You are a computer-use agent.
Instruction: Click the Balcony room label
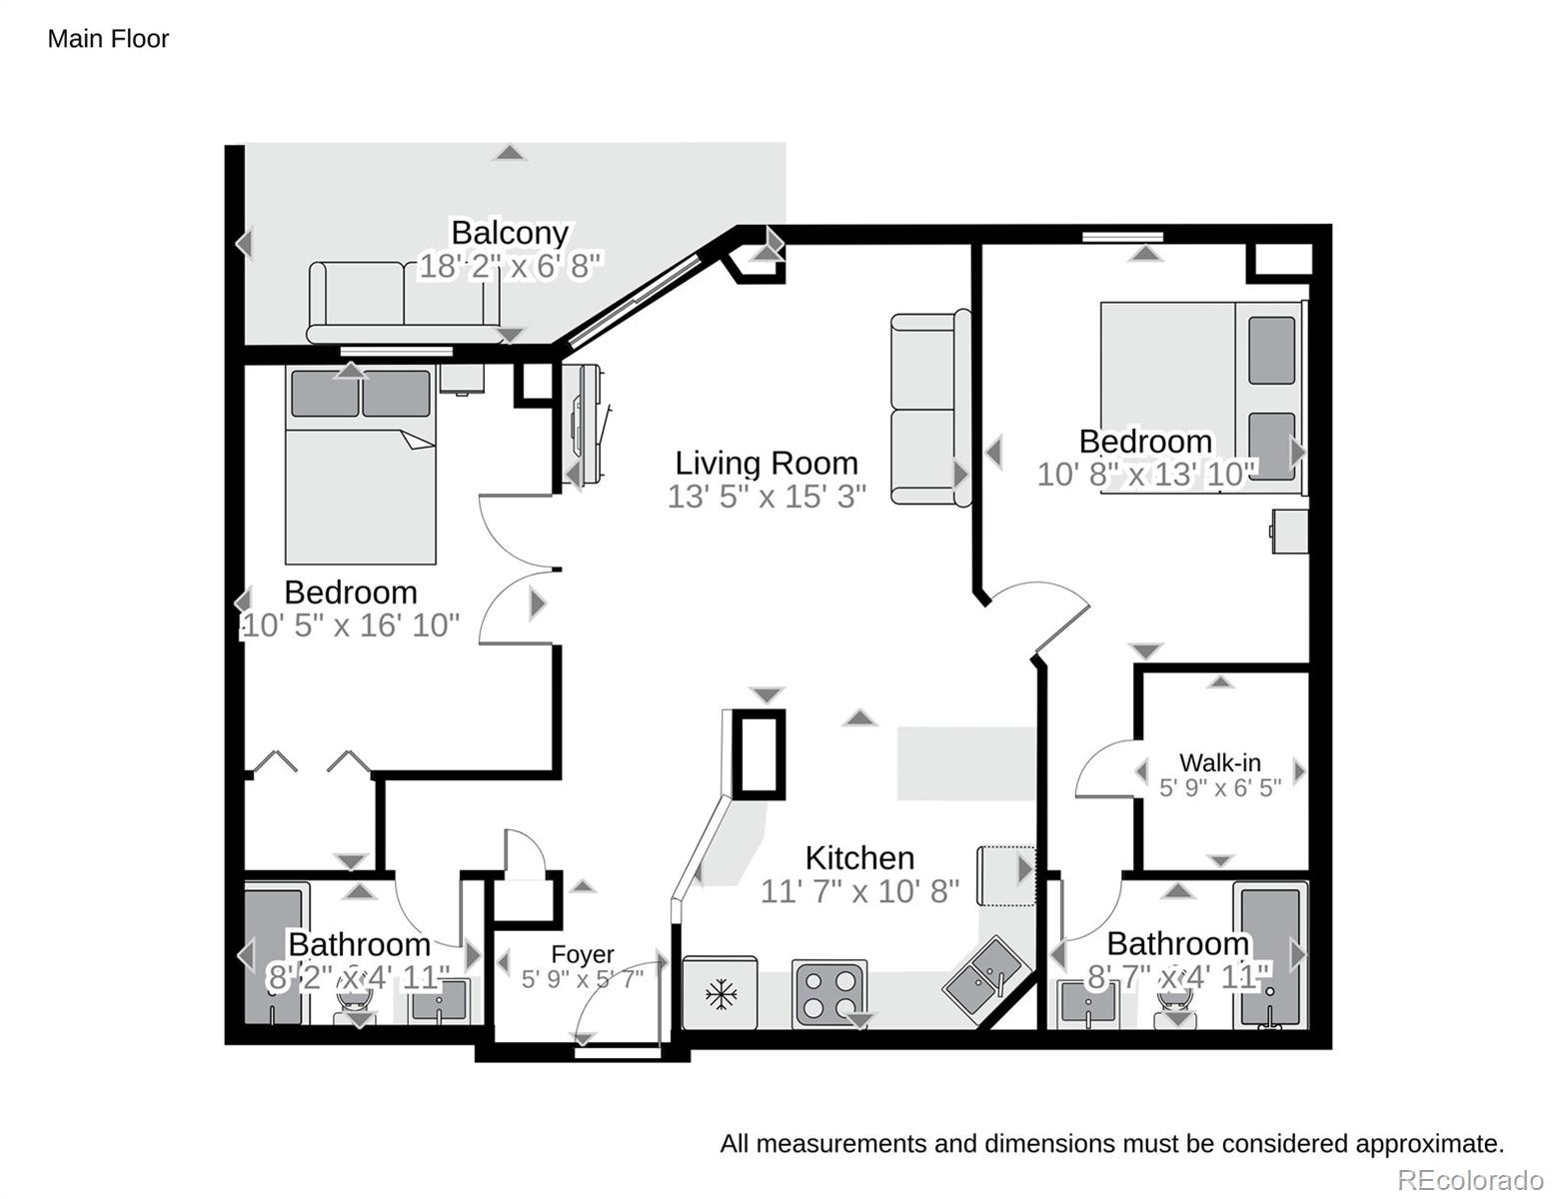(510, 233)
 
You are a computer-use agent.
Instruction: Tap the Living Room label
(767, 463)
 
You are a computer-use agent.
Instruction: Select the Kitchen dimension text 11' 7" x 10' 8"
(859, 890)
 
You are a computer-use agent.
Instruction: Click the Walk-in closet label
(1219, 762)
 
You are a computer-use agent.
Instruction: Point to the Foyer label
(583, 954)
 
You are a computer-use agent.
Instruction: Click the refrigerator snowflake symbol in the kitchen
(720, 993)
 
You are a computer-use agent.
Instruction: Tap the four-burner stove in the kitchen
(828, 993)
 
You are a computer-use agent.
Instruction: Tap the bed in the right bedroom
(1199, 395)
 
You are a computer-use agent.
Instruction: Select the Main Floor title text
(108, 39)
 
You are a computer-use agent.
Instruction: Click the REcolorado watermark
(1469, 1180)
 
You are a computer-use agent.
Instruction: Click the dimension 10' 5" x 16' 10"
(351, 625)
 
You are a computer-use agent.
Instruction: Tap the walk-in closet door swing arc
(1099, 764)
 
